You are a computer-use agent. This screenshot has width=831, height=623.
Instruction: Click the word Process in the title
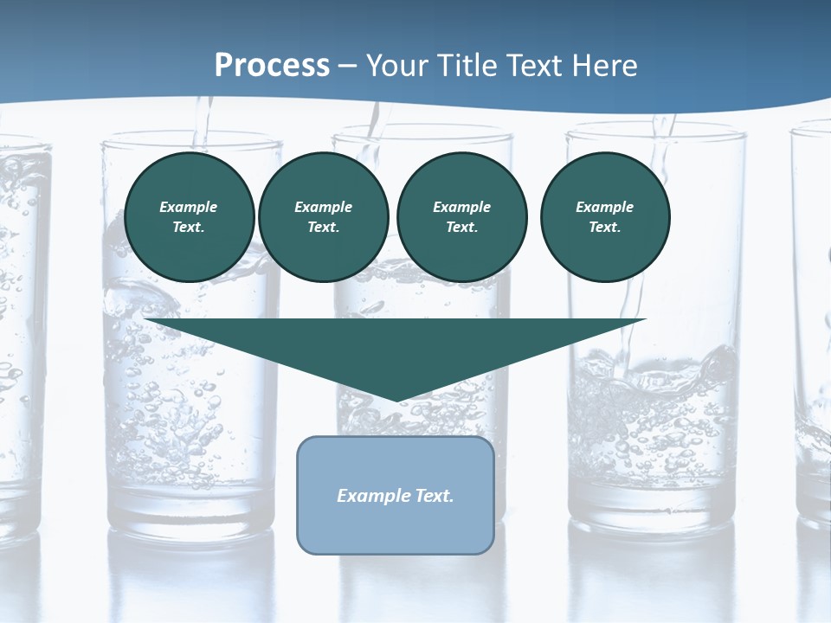pos(272,65)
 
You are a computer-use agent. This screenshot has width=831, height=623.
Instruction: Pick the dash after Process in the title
pos(348,67)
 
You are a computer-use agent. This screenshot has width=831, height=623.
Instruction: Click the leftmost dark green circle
pos(190,217)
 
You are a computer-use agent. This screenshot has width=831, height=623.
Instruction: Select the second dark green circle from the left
pos(324,217)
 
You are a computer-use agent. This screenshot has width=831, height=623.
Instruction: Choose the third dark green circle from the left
pos(462,217)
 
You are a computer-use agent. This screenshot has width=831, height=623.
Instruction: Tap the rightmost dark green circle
pos(605,217)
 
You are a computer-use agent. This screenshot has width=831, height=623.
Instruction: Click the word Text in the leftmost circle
pos(189,228)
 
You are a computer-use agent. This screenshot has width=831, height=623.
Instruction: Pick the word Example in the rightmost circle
pos(605,207)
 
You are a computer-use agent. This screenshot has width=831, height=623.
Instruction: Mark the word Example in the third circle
pos(462,207)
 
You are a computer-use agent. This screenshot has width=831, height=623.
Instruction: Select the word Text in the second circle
pos(324,228)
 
